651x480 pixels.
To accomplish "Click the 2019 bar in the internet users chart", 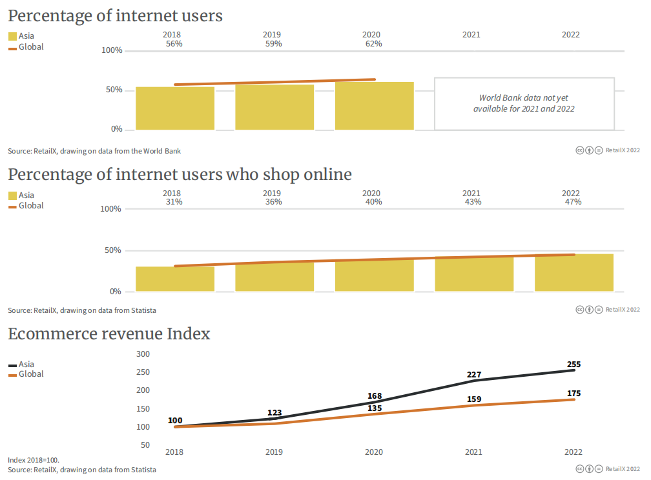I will point(274,107).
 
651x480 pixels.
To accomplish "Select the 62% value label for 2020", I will point(373,44).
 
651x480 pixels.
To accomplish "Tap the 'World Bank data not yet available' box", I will point(524,103).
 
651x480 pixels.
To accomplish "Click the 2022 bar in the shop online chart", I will point(574,273).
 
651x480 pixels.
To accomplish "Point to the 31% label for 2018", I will point(174,202).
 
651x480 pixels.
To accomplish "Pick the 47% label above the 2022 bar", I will point(573,202).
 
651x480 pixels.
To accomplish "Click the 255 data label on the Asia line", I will point(573,364).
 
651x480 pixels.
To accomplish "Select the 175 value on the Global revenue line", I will point(573,393).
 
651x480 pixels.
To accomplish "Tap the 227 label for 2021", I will point(473,374).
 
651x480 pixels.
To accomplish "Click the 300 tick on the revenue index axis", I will point(143,354).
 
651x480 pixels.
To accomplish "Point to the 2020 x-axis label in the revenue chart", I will point(373,452).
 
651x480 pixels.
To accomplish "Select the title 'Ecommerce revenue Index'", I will point(109,334).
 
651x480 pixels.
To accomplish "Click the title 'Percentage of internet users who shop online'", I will point(180,175).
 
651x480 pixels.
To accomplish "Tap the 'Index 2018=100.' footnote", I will point(34,460).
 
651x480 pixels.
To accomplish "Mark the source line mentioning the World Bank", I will point(94,151).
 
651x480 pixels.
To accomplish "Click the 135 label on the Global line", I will point(374,408).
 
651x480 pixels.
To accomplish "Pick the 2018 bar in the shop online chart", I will point(175,279).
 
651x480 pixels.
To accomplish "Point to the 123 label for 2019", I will point(274,412).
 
